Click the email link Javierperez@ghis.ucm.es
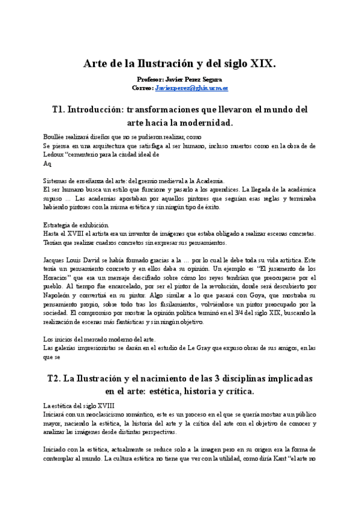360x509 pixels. pyautogui.click(x=191, y=88)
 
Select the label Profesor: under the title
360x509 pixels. pyautogui.click(x=151, y=79)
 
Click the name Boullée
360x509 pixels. pyautogui.click(x=55, y=136)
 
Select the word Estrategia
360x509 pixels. pyautogui.click(x=58, y=224)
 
